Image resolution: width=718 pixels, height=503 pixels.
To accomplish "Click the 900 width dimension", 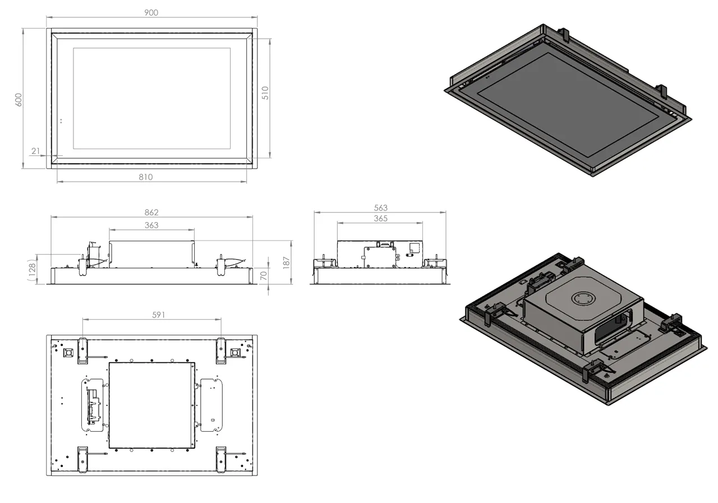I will (151, 12).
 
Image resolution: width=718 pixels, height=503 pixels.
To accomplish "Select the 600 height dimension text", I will (18, 99).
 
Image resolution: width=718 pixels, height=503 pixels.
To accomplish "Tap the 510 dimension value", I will (265, 93).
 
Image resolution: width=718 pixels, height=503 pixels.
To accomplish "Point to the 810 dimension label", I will (145, 177).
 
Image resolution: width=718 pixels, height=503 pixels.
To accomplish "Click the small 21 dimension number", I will (36, 151).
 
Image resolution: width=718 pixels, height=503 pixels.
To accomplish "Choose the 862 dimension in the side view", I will (151, 212).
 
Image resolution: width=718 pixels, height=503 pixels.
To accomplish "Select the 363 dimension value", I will (151, 225).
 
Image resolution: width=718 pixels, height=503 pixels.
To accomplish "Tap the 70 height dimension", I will (263, 275).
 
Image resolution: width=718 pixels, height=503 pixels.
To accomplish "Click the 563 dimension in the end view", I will (380, 207).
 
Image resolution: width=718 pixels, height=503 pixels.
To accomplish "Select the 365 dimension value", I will (380, 218).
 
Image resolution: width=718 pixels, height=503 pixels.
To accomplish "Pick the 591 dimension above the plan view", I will (158, 315).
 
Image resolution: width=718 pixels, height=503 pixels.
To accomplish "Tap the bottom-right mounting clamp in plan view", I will (221, 458).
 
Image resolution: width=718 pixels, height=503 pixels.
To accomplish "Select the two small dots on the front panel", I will (61, 120).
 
